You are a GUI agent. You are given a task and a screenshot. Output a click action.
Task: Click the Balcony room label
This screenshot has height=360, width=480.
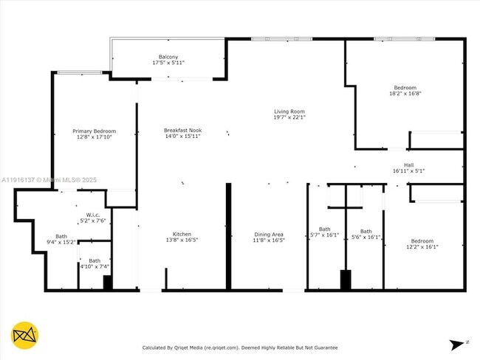168,57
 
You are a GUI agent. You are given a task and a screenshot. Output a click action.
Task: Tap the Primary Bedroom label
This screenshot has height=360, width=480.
94,131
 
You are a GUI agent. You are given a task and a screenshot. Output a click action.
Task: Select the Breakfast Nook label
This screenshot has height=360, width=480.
182,131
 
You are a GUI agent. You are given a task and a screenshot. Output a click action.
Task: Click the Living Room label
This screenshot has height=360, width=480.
289,111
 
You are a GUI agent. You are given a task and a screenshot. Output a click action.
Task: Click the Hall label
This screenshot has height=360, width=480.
408,165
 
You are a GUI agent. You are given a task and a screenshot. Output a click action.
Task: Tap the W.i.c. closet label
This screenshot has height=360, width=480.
93,215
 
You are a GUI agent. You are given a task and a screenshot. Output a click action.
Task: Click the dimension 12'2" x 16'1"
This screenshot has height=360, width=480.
422,247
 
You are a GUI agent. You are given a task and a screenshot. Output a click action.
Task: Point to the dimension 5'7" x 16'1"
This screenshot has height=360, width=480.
325,235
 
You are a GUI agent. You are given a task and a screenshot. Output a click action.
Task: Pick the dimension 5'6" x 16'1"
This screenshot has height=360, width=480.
366,237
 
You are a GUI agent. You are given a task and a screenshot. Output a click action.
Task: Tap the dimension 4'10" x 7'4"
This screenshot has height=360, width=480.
95,266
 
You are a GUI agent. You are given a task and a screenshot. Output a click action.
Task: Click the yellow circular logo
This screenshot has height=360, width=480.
25,336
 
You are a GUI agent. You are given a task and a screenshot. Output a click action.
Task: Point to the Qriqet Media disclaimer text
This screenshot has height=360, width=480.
239,347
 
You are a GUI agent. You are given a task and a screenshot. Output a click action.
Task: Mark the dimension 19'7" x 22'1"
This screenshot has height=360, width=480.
289,117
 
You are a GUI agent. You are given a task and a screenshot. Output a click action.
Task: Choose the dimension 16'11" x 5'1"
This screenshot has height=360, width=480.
408,170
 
